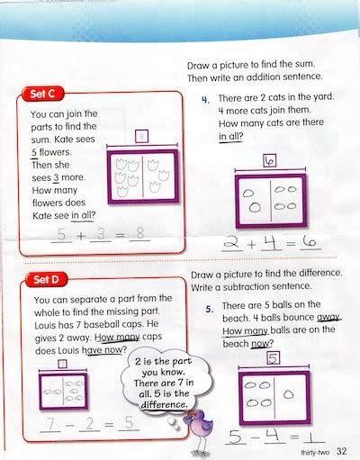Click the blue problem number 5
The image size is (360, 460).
[x=208, y=309]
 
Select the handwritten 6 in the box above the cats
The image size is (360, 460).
[x=268, y=160]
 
